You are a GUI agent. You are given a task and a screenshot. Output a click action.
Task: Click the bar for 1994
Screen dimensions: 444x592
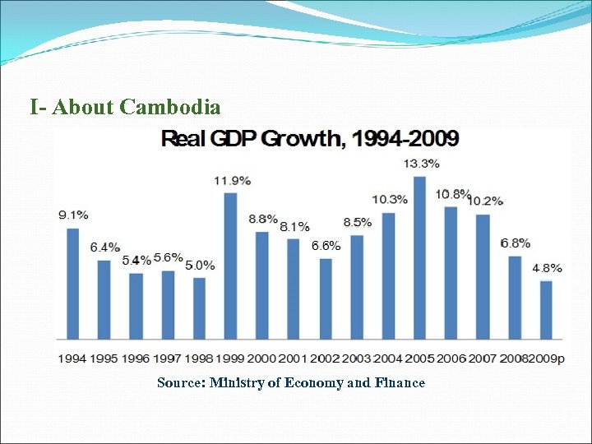click(x=72, y=283)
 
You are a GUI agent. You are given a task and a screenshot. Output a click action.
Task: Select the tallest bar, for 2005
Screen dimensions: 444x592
click(x=419, y=257)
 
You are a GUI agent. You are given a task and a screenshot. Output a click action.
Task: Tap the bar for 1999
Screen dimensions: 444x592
click(x=230, y=265)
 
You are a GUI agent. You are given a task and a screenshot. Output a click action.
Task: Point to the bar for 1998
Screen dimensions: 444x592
click(x=199, y=308)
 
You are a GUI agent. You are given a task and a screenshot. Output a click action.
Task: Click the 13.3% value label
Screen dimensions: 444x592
click(x=421, y=164)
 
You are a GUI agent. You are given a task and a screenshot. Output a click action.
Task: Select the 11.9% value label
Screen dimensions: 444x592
click(x=233, y=180)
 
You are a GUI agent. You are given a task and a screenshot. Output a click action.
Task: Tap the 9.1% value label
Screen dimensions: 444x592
click(x=73, y=215)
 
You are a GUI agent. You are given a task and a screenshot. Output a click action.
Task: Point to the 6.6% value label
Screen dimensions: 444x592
click(x=325, y=246)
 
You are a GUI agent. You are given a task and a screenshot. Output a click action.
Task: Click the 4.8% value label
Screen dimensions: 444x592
click(x=547, y=268)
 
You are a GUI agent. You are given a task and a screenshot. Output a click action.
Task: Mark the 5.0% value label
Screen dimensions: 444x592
click(x=200, y=265)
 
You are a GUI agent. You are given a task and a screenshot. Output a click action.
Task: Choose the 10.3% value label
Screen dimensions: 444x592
click(x=389, y=200)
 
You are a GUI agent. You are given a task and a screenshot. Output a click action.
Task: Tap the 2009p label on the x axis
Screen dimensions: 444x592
click(x=548, y=358)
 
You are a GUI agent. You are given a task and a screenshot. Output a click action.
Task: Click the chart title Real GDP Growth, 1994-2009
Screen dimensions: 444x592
click(x=310, y=138)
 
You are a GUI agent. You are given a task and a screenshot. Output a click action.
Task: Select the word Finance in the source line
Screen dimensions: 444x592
click(x=400, y=382)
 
